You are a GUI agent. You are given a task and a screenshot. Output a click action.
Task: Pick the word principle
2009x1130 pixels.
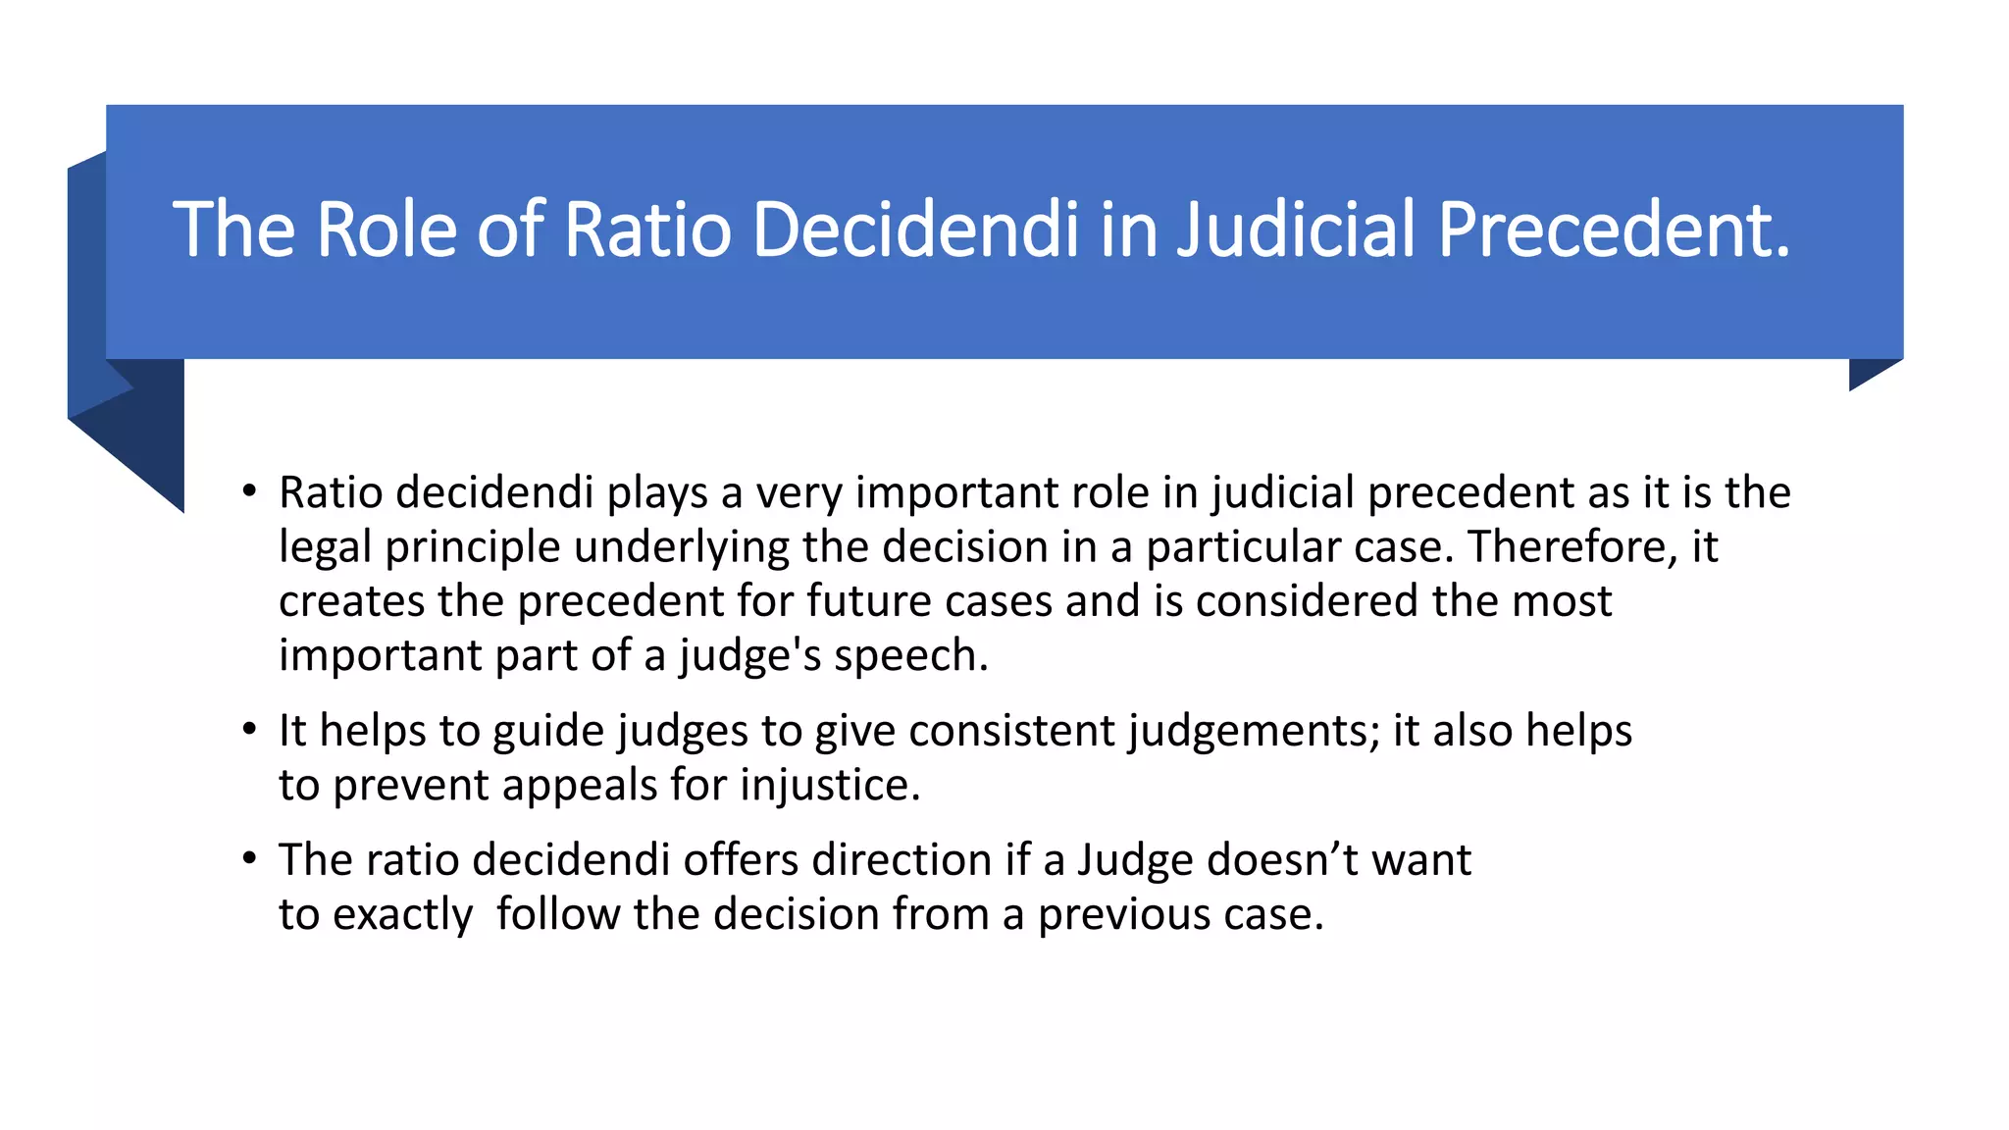pyautogui.click(x=473, y=546)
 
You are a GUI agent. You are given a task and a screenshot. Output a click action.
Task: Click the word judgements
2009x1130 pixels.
pyautogui.click(x=1253, y=731)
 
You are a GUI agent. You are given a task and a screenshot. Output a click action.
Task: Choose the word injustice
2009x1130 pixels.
pyautogui.click(x=830, y=785)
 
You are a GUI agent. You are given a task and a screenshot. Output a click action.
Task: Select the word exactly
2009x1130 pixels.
pyautogui.click(x=402, y=914)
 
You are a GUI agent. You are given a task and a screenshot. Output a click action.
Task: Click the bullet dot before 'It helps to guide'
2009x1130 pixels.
pyautogui.click(x=250, y=731)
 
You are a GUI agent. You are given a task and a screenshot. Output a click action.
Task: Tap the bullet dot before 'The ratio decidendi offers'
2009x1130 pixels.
pyautogui.click(x=250, y=859)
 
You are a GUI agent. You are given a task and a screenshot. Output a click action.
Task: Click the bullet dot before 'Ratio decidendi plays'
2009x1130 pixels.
pyautogui.click(x=250, y=491)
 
